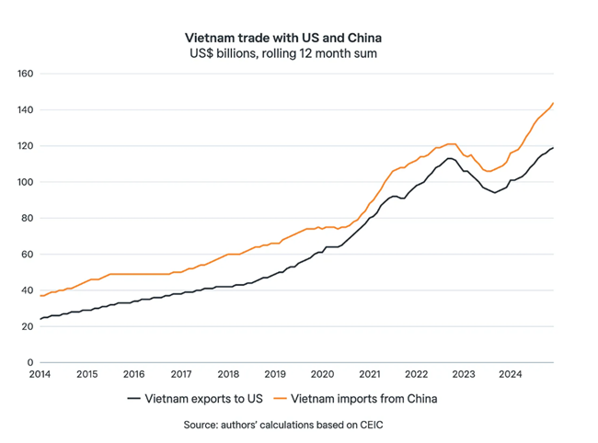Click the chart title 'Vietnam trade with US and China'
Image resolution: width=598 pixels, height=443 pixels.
click(282, 38)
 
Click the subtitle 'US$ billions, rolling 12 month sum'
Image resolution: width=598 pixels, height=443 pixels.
click(282, 53)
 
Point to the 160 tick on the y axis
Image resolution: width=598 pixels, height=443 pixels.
click(25, 74)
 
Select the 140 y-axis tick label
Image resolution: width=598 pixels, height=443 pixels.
click(25, 110)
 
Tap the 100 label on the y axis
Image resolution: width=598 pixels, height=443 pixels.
click(25, 182)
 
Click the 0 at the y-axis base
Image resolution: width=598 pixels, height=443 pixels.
click(30, 363)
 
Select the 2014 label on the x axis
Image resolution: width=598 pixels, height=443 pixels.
click(40, 375)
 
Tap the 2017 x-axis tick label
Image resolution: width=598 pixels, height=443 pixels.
click(180, 375)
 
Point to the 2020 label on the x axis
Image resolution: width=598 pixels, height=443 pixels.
click(322, 375)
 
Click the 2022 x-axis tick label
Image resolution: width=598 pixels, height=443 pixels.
click(416, 375)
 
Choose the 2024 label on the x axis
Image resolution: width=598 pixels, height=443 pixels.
click(510, 375)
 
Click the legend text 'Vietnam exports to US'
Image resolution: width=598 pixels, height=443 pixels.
click(202, 399)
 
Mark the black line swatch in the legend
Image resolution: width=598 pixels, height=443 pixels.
click(133, 399)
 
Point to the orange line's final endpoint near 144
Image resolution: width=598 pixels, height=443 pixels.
click(553, 103)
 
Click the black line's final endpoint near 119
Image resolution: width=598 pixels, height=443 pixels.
click(553, 148)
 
